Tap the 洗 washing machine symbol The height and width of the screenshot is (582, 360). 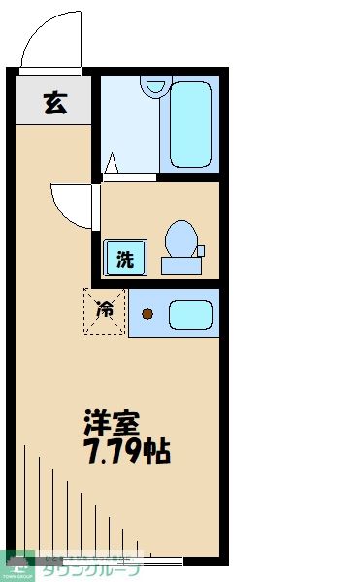click(x=125, y=258)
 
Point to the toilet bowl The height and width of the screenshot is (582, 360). click(x=180, y=238)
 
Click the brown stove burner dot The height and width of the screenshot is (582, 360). click(x=147, y=313)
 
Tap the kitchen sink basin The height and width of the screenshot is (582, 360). click(x=190, y=313)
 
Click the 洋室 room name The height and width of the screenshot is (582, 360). click(x=112, y=423)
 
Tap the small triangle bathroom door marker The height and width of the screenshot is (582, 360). click(x=112, y=164)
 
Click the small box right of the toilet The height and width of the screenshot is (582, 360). click(x=201, y=251)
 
